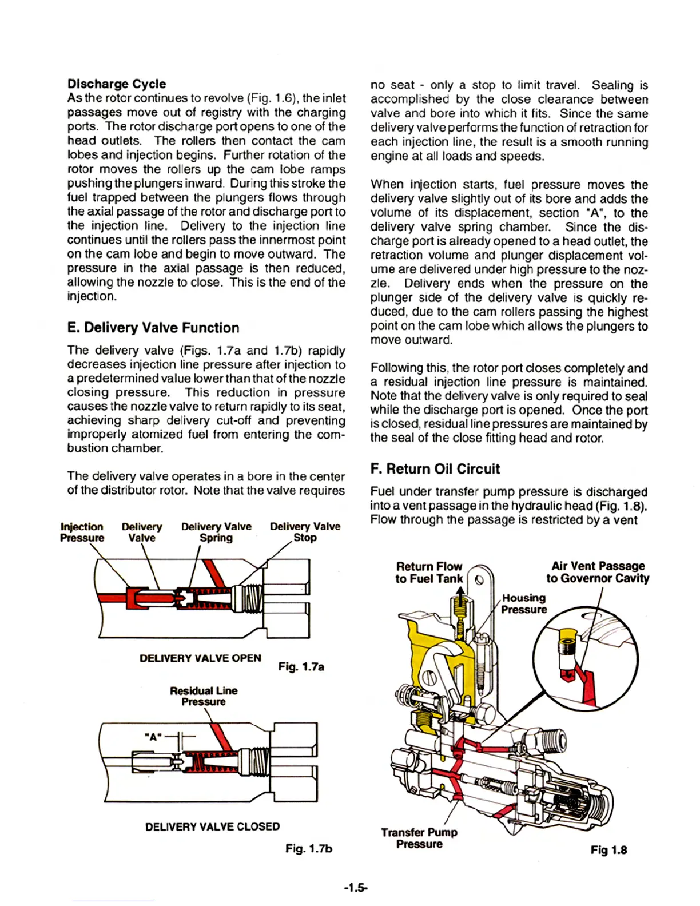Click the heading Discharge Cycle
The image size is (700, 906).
coord(117,84)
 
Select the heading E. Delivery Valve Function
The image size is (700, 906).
coord(153,328)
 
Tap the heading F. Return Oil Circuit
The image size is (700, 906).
coord(435,469)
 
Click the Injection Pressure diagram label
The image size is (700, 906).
coord(82,532)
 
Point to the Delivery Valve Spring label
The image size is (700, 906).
coord(216,532)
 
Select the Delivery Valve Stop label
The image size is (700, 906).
coord(305,532)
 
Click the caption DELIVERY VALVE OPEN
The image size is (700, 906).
coord(200,658)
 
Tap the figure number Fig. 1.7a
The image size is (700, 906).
coord(301,666)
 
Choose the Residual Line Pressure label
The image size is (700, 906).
coord(204,696)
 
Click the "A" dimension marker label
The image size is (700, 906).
coord(153,737)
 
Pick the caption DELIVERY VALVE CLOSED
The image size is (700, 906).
coord(212,826)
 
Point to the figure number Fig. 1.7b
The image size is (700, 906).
coord(309,848)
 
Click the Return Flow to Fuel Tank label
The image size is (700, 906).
coord(429,573)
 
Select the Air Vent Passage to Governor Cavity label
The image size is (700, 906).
coord(598,572)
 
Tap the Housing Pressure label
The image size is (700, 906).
coord(523,603)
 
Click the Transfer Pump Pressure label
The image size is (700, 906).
coord(419,838)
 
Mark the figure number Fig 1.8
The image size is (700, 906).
coord(608,850)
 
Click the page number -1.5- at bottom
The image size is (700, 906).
coord(356,888)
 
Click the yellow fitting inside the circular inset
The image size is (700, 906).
coord(567,646)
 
